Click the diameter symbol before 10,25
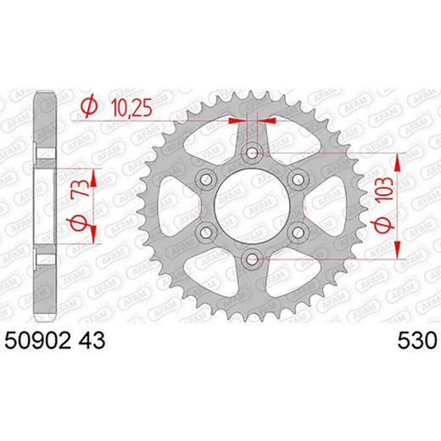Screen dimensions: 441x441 tap(87, 106)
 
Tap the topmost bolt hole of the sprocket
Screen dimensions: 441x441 tap(251, 153)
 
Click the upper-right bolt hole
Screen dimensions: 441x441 tap(297, 179)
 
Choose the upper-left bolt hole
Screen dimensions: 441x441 tap(205, 179)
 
